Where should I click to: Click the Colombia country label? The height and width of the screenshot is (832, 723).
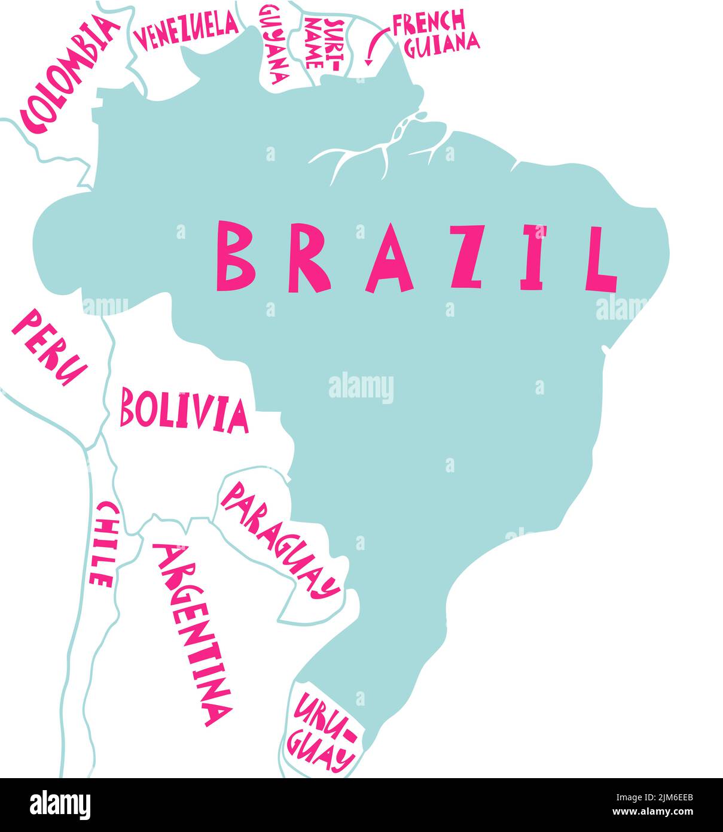click(x=67, y=75)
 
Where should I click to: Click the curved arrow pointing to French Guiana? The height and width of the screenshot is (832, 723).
click(x=374, y=47)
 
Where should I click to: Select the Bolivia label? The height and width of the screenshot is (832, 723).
click(x=184, y=410)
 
